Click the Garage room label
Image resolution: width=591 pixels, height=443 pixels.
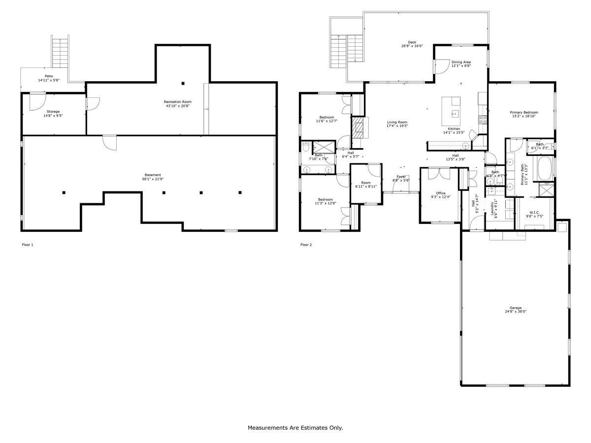[516, 308]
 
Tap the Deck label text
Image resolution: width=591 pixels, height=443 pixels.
[412, 42]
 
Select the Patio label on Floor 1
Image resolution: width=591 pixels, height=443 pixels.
[49, 76]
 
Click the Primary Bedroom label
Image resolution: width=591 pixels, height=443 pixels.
[524, 112]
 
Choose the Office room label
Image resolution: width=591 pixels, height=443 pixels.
[440, 193]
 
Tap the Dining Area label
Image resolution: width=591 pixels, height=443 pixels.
[461, 62]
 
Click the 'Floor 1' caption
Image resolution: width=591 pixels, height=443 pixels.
[28, 245]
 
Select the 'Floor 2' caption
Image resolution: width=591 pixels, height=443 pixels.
[306, 245]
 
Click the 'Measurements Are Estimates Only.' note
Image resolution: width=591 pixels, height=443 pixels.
[295, 428]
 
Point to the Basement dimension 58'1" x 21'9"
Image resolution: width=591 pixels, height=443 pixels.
[152, 179]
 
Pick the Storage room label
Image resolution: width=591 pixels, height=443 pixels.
[53, 112]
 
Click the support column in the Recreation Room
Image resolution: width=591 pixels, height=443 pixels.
[183, 83]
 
